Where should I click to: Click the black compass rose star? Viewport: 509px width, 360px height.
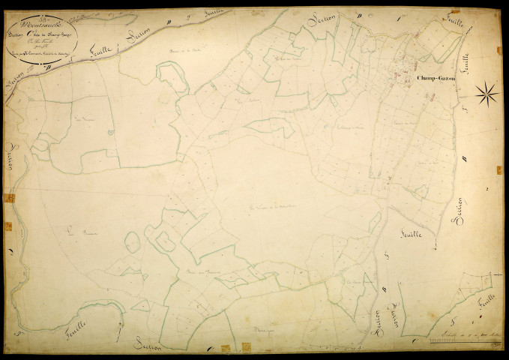click(487, 93)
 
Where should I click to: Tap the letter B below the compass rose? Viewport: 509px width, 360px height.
click(465, 157)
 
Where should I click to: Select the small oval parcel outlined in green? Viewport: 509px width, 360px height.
click(132, 242)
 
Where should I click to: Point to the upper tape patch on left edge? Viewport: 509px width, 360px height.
click(10, 198)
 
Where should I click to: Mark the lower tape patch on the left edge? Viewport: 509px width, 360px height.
click(8, 226)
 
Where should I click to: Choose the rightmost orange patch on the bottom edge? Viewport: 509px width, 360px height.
click(244, 347)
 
